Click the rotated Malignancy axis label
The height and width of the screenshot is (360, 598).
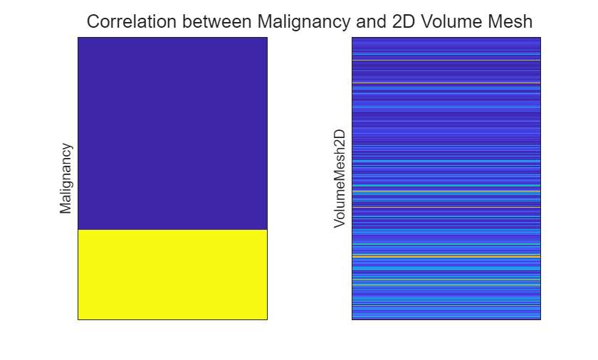(66, 179)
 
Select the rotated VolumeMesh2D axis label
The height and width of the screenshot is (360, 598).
(340, 179)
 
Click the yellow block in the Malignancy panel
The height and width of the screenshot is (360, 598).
(172, 275)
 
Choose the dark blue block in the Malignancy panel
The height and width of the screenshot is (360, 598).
(172, 133)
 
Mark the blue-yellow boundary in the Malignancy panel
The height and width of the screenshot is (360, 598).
(172, 230)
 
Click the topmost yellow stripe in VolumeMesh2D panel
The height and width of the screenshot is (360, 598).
(446, 60)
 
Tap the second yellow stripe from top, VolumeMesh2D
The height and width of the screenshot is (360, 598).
(446, 83)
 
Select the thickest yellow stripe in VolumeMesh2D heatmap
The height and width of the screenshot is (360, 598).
(446, 255)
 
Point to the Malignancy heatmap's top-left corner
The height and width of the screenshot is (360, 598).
(78, 38)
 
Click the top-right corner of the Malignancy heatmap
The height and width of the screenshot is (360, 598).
(267, 38)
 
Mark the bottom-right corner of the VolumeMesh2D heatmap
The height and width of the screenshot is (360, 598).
(540, 319)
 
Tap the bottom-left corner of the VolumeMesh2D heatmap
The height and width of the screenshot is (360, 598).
(352, 319)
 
